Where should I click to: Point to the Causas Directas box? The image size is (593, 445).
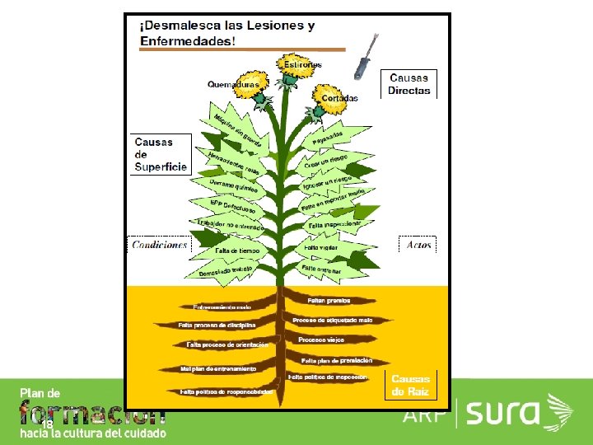(409, 84)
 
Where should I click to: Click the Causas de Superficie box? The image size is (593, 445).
(161, 154)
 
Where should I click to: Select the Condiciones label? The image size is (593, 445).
(160, 245)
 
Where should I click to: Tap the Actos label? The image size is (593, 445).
(418, 245)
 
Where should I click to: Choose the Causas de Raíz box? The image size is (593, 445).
(410, 385)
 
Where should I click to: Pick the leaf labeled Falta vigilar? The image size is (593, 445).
(322, 247)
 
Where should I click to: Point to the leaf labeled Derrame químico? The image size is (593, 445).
(233, 187)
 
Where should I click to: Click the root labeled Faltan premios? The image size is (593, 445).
(329, 301)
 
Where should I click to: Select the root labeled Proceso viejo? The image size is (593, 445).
(321, 340)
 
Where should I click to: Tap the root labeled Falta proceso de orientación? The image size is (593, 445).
(228, 344)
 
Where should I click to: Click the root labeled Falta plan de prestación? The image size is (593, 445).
(337, 360)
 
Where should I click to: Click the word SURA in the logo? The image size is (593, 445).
(503, 412)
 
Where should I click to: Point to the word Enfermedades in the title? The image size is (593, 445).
(188, 40)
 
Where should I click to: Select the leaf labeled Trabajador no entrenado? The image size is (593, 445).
(230, 222)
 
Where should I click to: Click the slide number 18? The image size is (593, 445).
(47, 423)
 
